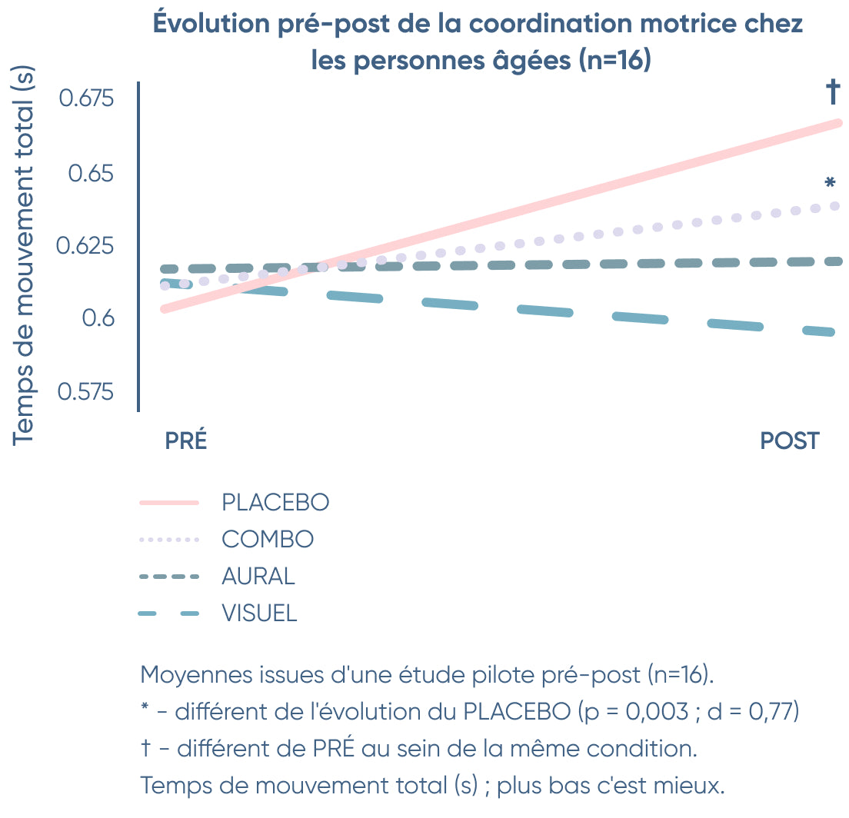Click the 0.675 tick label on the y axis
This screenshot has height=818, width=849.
[x=86, y=99]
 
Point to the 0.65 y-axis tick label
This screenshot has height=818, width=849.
[x=91, y=173]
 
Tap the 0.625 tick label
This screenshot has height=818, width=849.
[x=85, y=247]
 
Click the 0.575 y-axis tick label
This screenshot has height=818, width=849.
[x=85, y=392]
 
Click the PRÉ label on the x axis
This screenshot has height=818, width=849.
[x=186, y=441]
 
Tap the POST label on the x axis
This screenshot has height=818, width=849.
[x=790, y=441]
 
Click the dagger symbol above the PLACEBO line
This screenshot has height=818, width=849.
[x=833, y=93]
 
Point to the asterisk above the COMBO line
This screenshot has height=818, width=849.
[x=829, y=184]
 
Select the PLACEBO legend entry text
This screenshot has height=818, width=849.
[x=275, y=503]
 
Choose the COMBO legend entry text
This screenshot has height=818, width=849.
[x=268, y=540]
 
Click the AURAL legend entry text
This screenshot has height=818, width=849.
[x=258, y=577]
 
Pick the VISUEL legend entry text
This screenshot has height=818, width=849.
[x=259, y=613]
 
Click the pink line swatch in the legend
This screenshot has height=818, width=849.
[x=169, y=503]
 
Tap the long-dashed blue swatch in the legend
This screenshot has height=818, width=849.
[x=169, y=613]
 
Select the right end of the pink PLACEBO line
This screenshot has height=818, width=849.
[x=839, y=123]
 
